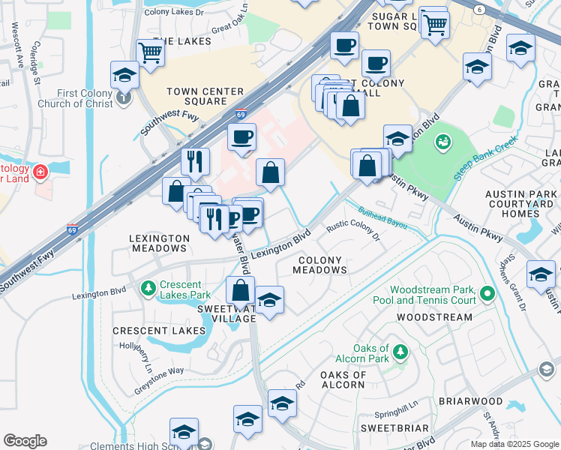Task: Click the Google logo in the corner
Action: point(25,441)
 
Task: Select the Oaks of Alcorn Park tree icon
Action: point(400,351)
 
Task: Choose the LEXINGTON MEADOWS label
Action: point(159,244)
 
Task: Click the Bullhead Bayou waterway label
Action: point(382,216)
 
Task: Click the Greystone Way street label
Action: point(159,370)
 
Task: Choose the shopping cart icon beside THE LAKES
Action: point(151,52)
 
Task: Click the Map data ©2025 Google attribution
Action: point(514,444)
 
